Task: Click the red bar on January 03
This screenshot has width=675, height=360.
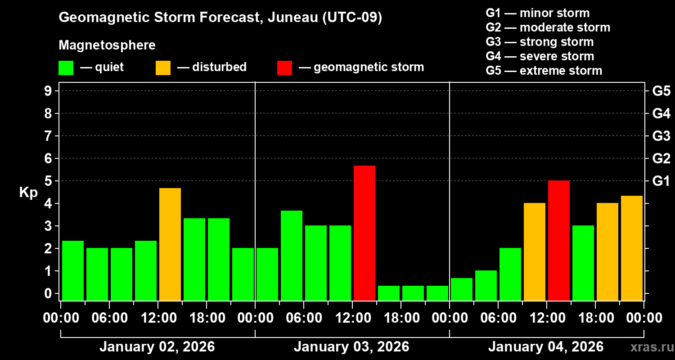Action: pyautogui.click(x=364, y=233)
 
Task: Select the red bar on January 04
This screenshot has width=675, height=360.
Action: pyautogui.click(x=559, y=240)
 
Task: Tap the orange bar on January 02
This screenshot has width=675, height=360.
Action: pyautogui.click(x=170, y=244)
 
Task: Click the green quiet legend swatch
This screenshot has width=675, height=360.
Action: pyautogui.click(x=66, y=68)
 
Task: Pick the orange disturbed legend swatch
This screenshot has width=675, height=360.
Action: pyautogui.click(x=163, y=68)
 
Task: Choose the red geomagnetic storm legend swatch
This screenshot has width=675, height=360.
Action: pyautogui.click(x=284, y=68)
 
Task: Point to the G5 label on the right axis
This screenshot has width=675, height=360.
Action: pyautogui.click(x=661, y=91)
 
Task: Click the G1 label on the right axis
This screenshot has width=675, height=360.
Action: pyautogui.click(x=661, y=181)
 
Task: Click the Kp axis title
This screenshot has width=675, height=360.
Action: pyautogui.click(x=28, y=193)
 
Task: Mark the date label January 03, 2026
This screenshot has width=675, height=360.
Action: pyautogui.click(x=351, y=347)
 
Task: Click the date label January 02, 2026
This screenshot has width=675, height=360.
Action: pyautogui.click(x=157, y=347)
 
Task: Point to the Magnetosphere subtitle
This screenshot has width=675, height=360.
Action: pyautogui.click(x=107, y=45)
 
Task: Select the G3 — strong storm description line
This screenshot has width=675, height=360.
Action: pyautogui.click(x=540, y=42)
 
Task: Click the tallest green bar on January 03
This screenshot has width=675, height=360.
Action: pyautogui.click(x=292, y=255)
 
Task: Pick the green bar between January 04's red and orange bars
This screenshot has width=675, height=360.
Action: pyautogui.click(x=583, y=263)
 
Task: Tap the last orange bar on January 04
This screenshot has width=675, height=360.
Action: pyautogui.click(x=632, y=248)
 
